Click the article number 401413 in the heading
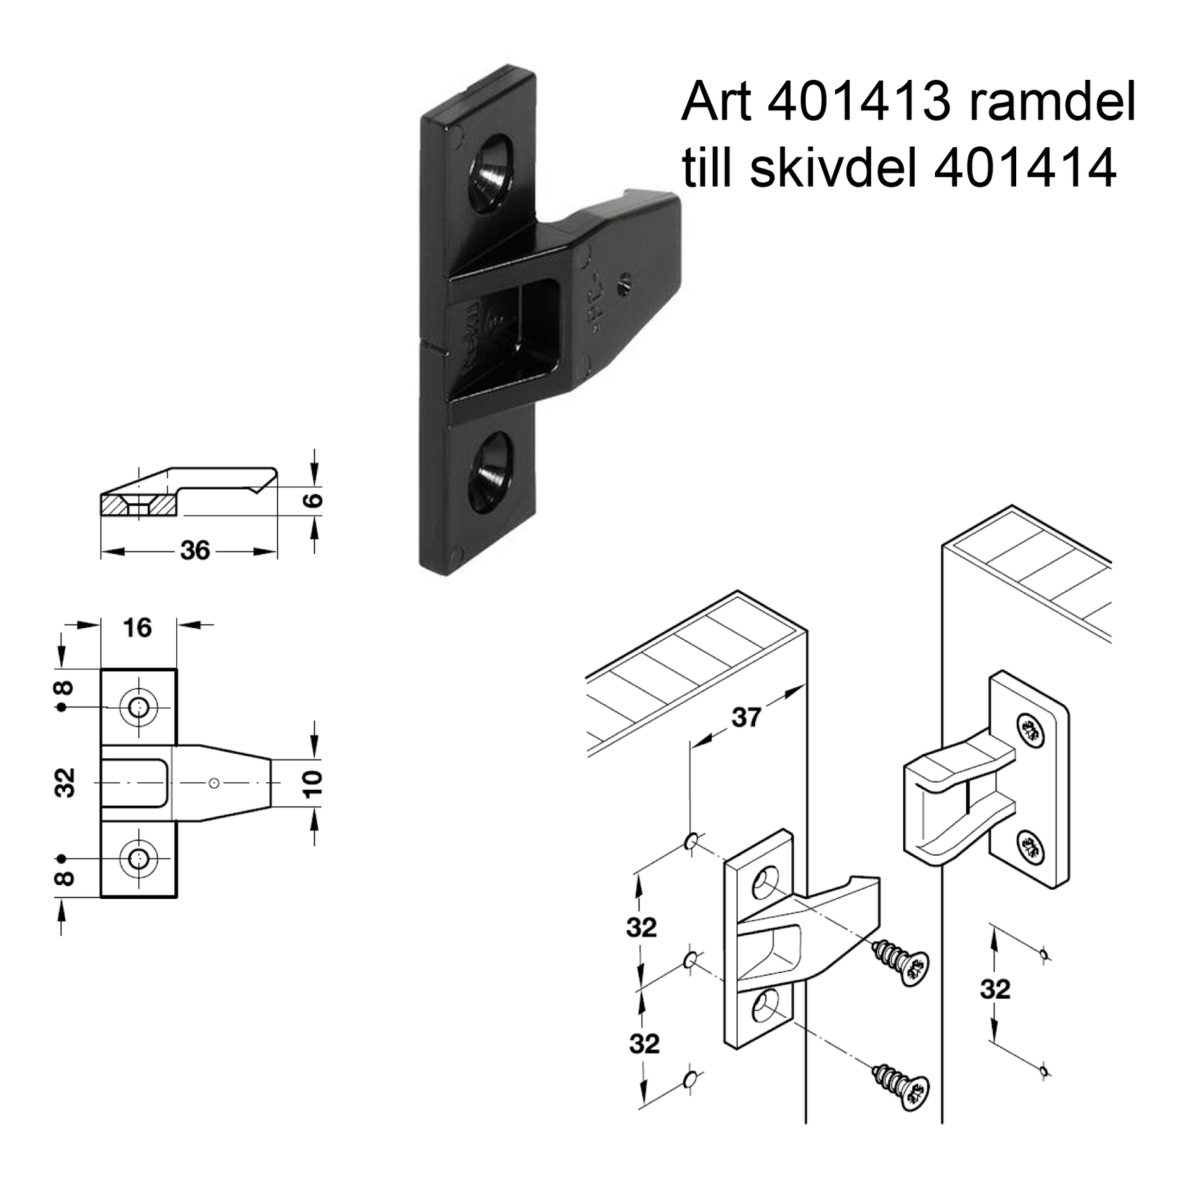(x=859, y=103)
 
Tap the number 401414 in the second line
(x=1025, y=169)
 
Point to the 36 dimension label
(x=194, y=550)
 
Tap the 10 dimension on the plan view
(x=314, y=783)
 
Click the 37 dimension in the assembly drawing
(x=746, y=717)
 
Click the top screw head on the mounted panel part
(x=1030, y=731)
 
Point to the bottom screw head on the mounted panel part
(x=1030, y=848)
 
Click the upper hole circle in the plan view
(x=139, y=707)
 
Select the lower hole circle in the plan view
(x=139, y=859)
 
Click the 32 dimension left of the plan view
(x=65, y=782)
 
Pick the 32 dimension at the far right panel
(x=995, y=989)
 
